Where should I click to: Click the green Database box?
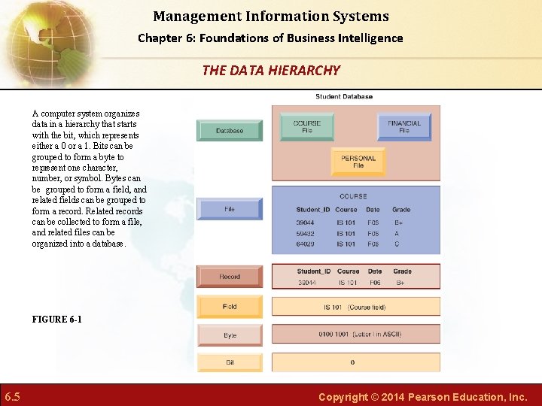click(x=230, y=130)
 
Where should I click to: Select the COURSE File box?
click(x=306, y=126)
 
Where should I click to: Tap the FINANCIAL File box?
click(x=404, y=126)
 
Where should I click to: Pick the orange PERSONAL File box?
click(x=358, y=162)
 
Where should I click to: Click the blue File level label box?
click(x=230, y=209)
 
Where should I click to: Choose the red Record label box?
click(x=230, y=277)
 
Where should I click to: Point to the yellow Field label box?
click(x=230, y=307)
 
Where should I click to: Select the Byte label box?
click(x=230, y=335)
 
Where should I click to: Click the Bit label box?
click(x=230, y=362)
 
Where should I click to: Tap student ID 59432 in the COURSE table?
click(x=306, y=233)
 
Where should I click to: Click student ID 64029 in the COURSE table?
click(x=306, y=244)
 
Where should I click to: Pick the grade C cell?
click(x=397, y=244)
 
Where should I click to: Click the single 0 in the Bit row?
click(x=352, y=362)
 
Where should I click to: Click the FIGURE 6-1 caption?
click(x=57, y=320)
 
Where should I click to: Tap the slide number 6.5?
click(x=12, y=396)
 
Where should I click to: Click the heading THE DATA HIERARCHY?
click(x=271, y=71)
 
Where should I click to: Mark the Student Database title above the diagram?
click(x=344, y=96)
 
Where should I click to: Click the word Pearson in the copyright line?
click(x=423, y=396)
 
